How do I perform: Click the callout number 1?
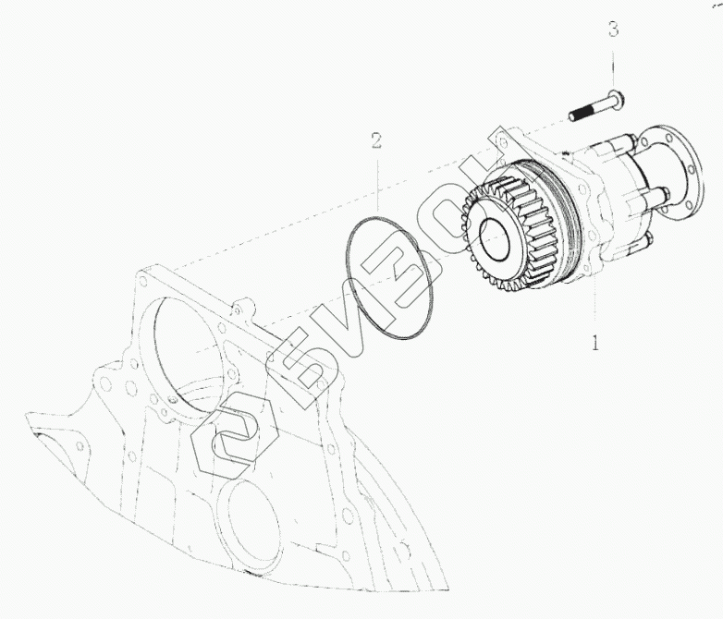(596, 343)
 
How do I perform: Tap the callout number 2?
(376, 140)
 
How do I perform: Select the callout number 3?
(613, 30)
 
